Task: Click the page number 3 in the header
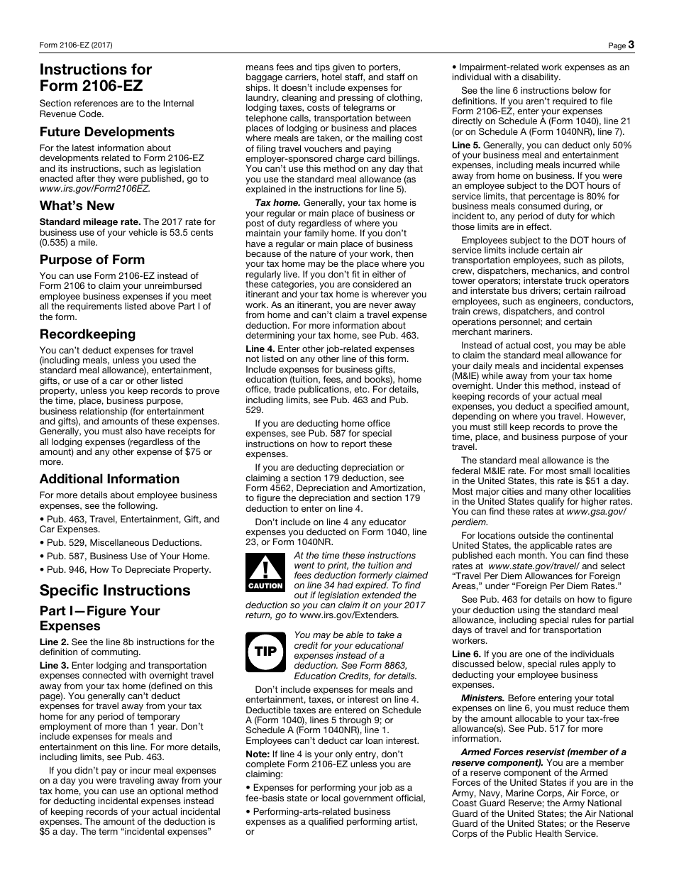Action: pyautogui.click(x=631, y=45)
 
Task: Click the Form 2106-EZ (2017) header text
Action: pyautogui.click(x=76, y=45)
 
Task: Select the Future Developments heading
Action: pyautogui.click(x=106, y=132)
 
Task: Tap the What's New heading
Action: pyautogui.click(x=77, y=206)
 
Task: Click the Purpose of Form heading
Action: pyautogui.click(x=92, y=260)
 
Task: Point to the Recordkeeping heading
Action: pyautogui.click(x=87, y=334)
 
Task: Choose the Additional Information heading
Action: pyautogui.click(x=109, y=479)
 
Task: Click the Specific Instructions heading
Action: pyautogui.click(x=115, y=591)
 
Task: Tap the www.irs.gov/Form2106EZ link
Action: pyautogui.click(x=94, y=189)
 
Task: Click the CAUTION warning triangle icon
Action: pyautogui.click(x=265, y=571)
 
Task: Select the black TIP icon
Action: pyautogui.click(x=265, y=651)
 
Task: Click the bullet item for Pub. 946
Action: pyautogui.click(x=125, y=569)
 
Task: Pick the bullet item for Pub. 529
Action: pyautogui.click(x=121, y=543)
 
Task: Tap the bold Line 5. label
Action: pyautogui.click(x=466, y=145)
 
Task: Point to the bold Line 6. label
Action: pyautogui.click(x=466, y=654)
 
